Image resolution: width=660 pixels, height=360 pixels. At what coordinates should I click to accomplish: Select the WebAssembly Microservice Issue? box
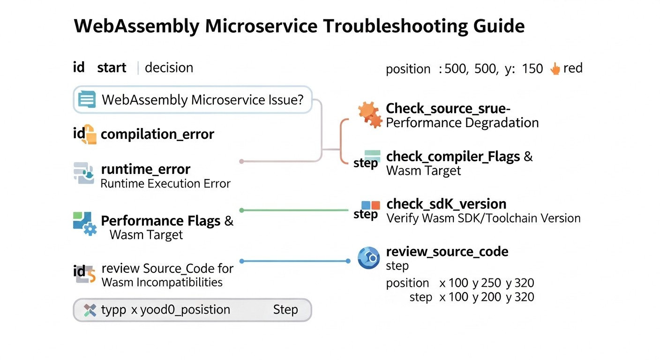[x=192, y=100]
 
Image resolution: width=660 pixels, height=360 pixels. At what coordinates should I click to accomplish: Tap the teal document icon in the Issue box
[x=87, y=99]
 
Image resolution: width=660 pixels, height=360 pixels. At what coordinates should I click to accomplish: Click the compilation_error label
[x=157, y=135]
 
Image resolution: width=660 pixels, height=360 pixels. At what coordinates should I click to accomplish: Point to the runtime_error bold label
[x=145, y=169]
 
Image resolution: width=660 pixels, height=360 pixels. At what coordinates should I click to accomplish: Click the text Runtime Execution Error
[x=165, y=183]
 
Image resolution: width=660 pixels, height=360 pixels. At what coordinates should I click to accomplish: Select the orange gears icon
[x=370, y=114]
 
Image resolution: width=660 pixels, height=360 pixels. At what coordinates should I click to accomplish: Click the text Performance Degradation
[x=462, y=123]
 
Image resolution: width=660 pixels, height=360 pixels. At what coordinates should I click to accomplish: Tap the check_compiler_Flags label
[x=453, y=157]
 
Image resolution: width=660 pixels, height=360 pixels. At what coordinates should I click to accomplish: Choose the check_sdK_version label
[x=446, y=204]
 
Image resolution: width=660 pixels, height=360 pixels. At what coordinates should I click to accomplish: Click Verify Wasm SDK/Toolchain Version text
[x=483, y=218]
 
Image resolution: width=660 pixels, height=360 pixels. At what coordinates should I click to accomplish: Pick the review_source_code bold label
[x=447, y=252]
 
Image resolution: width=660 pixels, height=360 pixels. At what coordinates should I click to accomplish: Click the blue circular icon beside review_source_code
[x=368, y=258]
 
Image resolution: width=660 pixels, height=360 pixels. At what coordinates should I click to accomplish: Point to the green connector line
[x=295, y=210]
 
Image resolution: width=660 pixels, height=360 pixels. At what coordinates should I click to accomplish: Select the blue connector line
[x=295, y=261]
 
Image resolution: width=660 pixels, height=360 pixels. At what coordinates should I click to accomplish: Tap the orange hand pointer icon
[x=555, y=69]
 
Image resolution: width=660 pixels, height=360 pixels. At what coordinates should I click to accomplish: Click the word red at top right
[x=573, y=68]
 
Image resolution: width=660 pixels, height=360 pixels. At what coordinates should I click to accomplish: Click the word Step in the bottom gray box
[x=285, y=310]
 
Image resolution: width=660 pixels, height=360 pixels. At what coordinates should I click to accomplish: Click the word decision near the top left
[x=169, y=68]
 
